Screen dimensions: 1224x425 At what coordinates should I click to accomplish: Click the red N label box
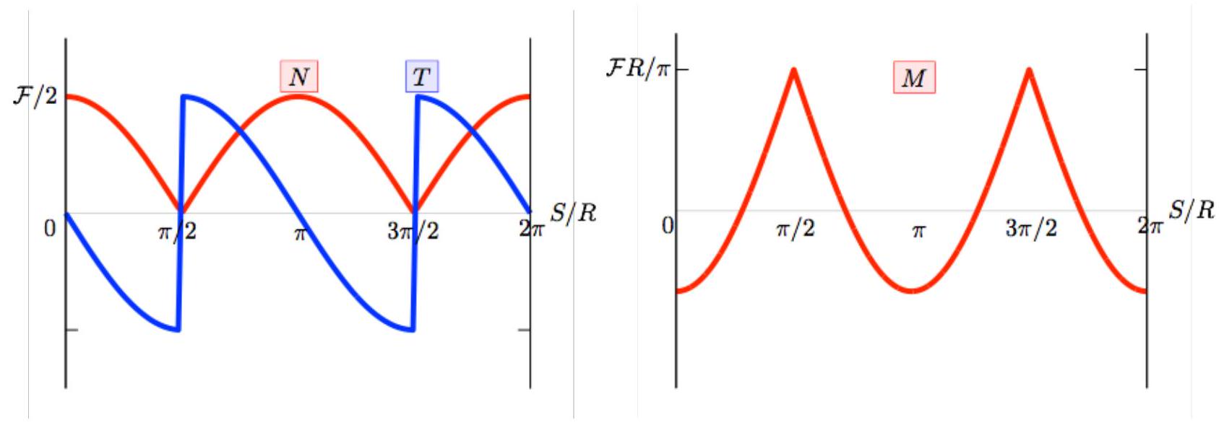click(299, 76)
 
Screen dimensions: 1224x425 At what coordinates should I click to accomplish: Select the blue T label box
click(422, 76)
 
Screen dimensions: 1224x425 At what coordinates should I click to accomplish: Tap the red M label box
click(914, 77)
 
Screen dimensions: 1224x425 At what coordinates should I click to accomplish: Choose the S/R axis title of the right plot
click(1191, 209)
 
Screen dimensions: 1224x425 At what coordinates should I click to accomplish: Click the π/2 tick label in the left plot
click(176, 232)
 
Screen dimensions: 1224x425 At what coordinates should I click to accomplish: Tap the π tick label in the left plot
click(300, 234)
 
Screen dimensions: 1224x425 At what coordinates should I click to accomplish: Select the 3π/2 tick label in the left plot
click(413, 232)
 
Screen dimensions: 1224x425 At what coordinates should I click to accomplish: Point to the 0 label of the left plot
click(50, 229)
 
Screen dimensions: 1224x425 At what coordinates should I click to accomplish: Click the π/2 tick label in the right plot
click(796, 229)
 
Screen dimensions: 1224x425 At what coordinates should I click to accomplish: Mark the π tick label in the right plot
click(919, 232)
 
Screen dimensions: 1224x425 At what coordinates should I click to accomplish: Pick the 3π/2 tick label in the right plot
click(1032, 229)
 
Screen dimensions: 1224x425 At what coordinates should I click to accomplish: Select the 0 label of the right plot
click(668, 225)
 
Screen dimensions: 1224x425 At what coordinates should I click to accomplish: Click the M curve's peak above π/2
click(794, 70)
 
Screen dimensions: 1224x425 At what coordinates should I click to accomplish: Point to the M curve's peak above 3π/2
click(1029, 70)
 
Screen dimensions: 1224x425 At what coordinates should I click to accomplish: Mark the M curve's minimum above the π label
click(912, 291)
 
